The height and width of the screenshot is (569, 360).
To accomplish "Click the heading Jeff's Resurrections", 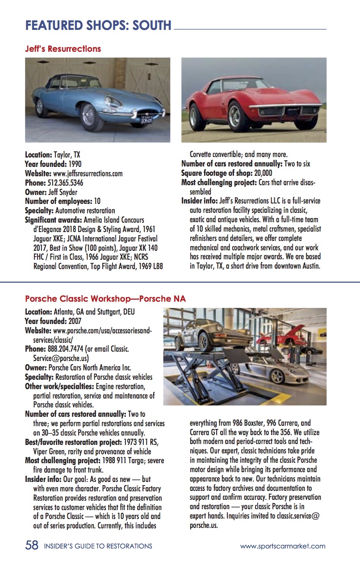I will coord(63,49).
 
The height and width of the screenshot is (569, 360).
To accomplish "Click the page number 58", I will coord(32,545).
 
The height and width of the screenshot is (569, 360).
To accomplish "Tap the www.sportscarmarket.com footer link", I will coord(283,546).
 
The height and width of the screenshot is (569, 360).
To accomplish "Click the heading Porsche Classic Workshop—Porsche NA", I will coord(105,299).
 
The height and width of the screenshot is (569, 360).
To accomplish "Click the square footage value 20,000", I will coord(263,173).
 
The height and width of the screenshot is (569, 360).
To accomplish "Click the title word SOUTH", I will coord(149,25).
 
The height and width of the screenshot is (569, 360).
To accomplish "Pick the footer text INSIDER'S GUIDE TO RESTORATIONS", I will coord(98,546).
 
